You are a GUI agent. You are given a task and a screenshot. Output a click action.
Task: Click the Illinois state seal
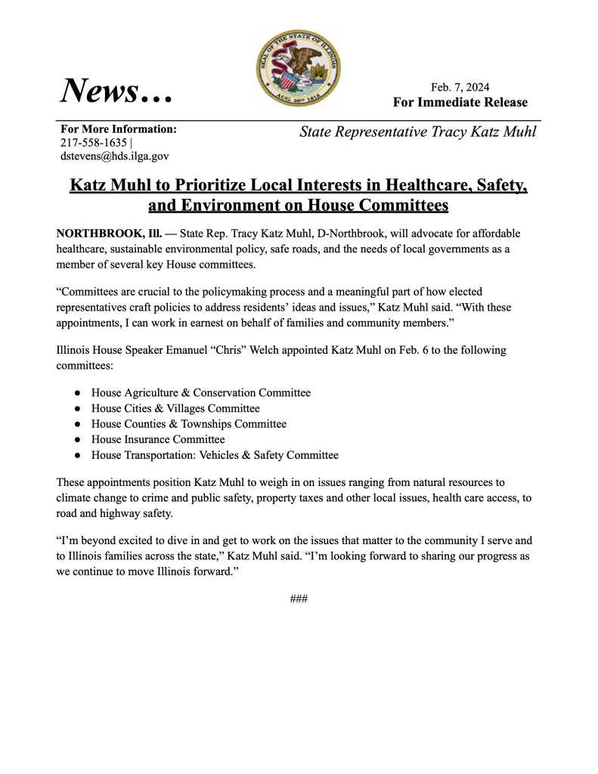click(299, 69)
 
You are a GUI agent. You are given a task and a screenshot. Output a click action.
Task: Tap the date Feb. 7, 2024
click(460, 87)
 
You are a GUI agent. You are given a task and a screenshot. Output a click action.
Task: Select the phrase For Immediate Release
click(460, 102)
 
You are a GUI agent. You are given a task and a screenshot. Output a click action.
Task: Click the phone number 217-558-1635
click(93, 142)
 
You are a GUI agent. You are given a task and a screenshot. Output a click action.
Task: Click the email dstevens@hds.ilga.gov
click(114, 156)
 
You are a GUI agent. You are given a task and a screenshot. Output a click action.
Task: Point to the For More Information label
click(119, 128)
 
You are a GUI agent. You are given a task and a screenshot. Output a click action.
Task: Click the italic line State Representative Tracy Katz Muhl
click(417, 132)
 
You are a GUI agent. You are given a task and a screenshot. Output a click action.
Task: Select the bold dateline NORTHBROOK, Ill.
click(110, 234)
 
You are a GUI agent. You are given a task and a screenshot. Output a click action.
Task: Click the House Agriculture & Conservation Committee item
click(201, 393)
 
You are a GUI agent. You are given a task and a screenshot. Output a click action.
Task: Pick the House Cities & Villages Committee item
click(175, 408)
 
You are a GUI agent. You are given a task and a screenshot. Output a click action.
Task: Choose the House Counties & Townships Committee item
click(189, 424)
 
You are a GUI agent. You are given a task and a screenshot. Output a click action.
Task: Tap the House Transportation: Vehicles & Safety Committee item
click(215, 455)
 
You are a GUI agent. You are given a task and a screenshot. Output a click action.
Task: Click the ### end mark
click(299, 599)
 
